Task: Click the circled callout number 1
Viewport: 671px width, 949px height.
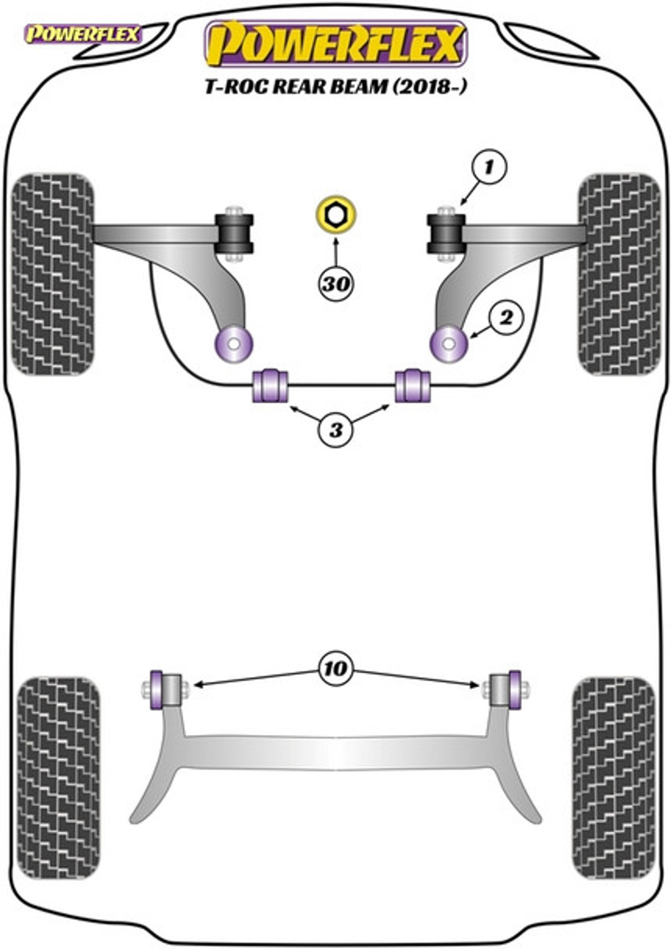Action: [488, 167]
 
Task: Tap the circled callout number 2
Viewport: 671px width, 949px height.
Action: [506, 317]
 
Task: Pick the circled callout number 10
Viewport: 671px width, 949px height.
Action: [336, 668]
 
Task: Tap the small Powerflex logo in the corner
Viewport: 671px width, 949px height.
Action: [82, 34]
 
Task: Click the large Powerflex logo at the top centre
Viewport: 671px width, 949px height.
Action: [336, 44]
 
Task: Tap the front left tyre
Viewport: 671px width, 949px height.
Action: [53, 275]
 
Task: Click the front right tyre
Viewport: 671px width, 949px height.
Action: [619, 275]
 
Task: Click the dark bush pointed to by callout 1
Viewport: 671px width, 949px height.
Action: [446, 233]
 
